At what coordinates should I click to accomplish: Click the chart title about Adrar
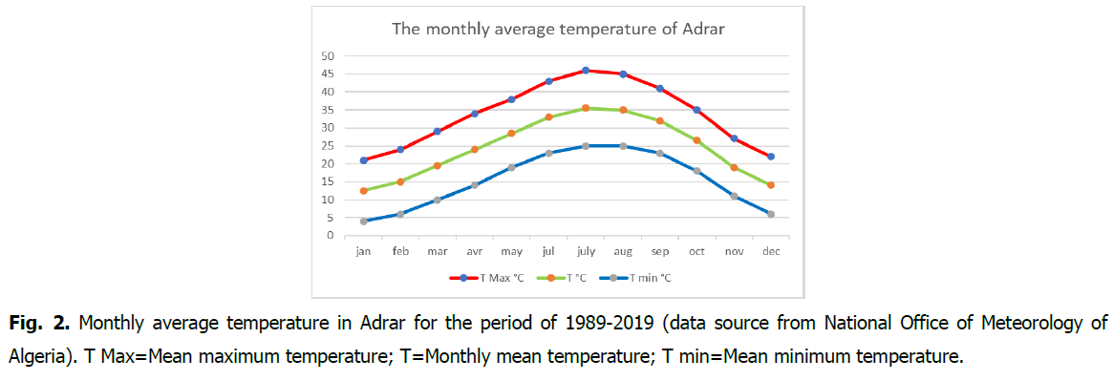(558, 30)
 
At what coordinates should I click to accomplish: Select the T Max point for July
(586, 71)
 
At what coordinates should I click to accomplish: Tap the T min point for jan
(363, 222)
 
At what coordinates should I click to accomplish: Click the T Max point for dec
(771, 157)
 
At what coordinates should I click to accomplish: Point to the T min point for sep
(659, 153)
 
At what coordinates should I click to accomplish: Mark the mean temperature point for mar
(438, 165)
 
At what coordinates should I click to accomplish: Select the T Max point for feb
(400, 149)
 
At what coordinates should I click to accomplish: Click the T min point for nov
(734, 196)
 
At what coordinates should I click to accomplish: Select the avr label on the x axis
(474, 252)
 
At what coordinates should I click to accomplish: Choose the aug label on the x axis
(623, 253)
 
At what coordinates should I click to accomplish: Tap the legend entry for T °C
(561, 278)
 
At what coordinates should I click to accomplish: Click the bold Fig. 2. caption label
(40, 324)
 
